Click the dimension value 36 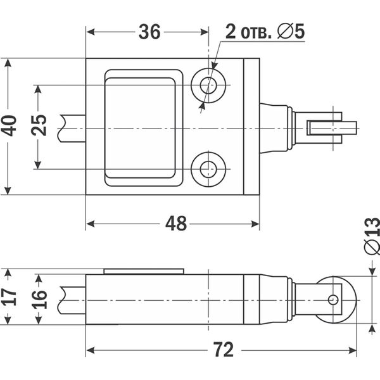(x=149, y=32)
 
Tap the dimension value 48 (x=176, y=224)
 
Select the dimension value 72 (x=224, y=350)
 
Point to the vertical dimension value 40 (x=9, y=125)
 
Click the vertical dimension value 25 (x=39, y=125)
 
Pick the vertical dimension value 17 (x=9, y=296)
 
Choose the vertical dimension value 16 (x=39, y=300)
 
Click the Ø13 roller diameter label (x=372, y=236)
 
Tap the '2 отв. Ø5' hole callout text (x=265, y=32)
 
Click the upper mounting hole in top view (x=208, y=85)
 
